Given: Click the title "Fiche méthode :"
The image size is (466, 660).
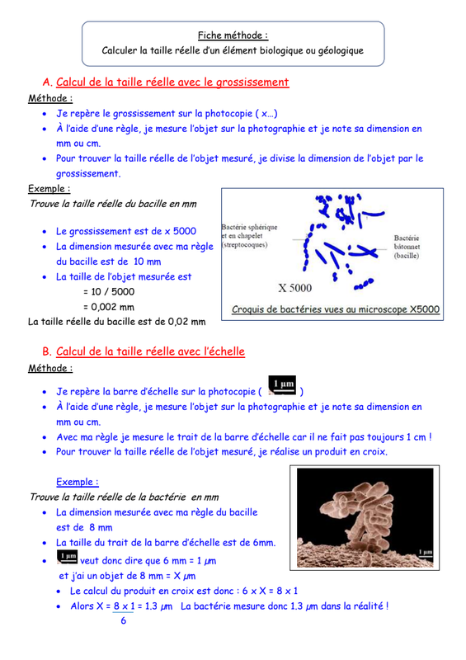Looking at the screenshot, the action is (233, 35).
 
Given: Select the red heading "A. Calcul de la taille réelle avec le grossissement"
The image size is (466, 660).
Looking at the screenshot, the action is (166, 82).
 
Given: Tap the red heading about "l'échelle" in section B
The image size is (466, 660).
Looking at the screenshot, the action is (144, 351).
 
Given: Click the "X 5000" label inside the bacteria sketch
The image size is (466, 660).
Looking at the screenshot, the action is (295, 288).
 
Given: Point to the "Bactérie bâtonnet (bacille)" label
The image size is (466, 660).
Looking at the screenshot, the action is (407, 247).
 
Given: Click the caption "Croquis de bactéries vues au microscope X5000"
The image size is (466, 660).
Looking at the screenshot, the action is (336, 309).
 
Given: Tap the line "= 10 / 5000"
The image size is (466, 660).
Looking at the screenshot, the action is (109, 292).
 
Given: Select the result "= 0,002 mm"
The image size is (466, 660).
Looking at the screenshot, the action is (109, 307).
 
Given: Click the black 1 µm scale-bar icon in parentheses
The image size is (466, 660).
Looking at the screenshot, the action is (282, 385).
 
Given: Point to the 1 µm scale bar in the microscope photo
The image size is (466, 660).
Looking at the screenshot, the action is (425, 554).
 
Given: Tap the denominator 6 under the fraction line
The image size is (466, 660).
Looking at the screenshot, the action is (124, 620).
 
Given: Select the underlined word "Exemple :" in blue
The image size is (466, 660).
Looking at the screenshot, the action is (78, 482).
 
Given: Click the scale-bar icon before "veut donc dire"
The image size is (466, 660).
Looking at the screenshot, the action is (68, 558).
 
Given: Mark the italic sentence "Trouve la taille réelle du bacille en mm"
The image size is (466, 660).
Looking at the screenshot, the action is (113, 204).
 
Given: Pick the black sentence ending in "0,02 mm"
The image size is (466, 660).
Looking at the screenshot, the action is (117, 322).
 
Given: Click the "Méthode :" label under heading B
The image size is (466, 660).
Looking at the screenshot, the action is (50, 368).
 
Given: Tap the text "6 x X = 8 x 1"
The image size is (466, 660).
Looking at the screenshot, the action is (270, 591).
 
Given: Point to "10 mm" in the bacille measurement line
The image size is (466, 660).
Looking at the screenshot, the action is (148, 262).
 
